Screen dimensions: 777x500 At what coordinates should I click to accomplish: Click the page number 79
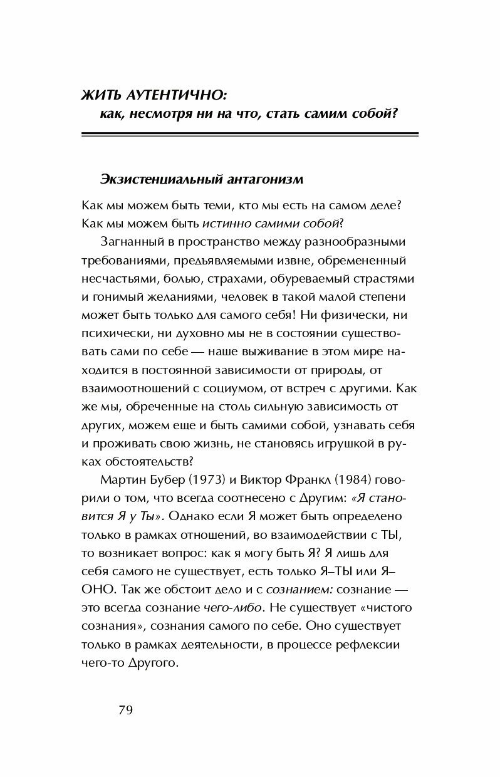pos(125,711)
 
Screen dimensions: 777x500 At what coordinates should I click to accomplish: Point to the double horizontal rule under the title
pos(250,133)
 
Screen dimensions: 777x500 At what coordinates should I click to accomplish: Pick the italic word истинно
pos(222,223)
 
